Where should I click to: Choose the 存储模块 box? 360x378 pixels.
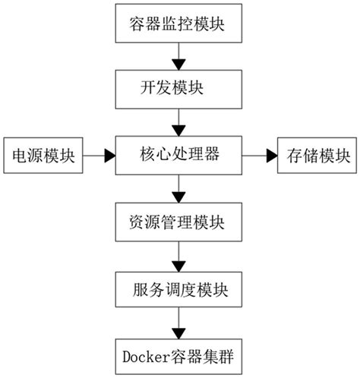click(318, 155)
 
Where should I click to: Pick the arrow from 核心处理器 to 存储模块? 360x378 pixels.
click(259, 155)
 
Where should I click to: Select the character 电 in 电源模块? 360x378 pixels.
click(17, 155)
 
